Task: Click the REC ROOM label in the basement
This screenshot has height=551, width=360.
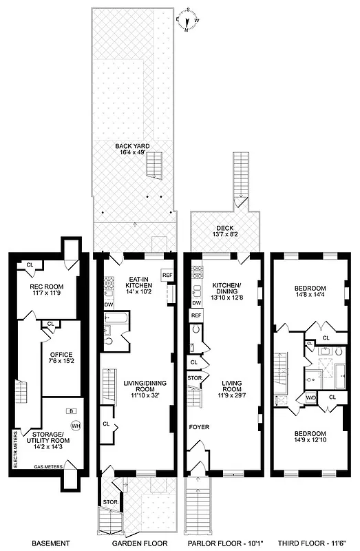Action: pyautogui.click(x=45, y=288)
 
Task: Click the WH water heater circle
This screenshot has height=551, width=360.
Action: pyautogui.click(x=75, y=425)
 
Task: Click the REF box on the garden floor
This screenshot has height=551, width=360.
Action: pyautogui.click(x=167, y=275)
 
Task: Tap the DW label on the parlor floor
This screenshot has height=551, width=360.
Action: pyautogui.click(x=196, y=302)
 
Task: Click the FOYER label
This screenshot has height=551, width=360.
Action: pyautogui.click(x=200, y=427)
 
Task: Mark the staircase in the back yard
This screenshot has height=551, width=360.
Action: pyautogui.click(x=157, y=166)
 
